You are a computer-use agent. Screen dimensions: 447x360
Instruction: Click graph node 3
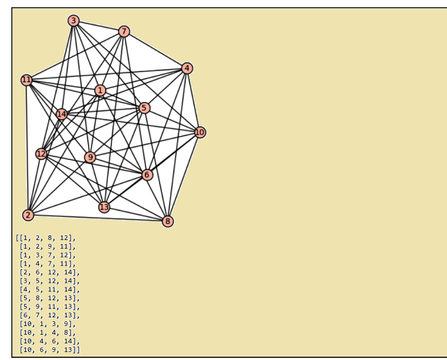pos(73,21)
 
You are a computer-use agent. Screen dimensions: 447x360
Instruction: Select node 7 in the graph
pos(124,31)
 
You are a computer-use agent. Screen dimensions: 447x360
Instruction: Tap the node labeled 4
pos(187,68)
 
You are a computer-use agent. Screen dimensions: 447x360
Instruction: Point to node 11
pos(27,80)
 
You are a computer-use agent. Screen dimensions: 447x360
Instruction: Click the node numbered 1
pos(100,90)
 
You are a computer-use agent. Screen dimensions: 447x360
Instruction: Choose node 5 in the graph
pos(144,108)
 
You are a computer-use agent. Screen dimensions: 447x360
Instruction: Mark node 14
pos(62,114)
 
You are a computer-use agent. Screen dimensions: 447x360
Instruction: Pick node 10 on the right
pos(199,132)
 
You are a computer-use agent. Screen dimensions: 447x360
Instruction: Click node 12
pos(41,154)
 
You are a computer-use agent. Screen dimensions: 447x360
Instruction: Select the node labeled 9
pos(90,157)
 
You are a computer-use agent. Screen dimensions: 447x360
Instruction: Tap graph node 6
pos(147,175)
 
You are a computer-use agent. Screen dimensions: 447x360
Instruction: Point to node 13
pos(104,207)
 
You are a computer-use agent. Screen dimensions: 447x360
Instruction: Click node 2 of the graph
pos(28,215)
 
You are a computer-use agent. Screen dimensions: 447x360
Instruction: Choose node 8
pos(167,221)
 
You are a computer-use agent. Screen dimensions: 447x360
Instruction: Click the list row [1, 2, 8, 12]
pos(46,237)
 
